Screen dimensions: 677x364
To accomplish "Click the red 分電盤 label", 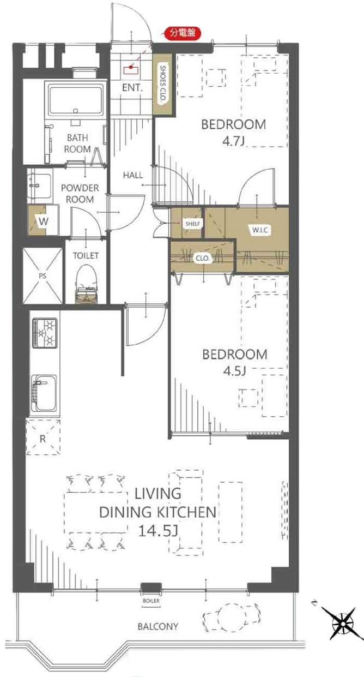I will tap(183, 33).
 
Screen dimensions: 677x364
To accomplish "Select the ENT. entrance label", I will tap(132, 87).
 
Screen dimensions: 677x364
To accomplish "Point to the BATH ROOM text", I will tap(77, 143).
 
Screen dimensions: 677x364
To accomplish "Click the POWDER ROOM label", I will tap(80, 194).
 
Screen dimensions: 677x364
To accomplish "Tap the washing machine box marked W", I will tap(42, 221).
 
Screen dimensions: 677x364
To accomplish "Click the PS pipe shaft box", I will tap(42, 276).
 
